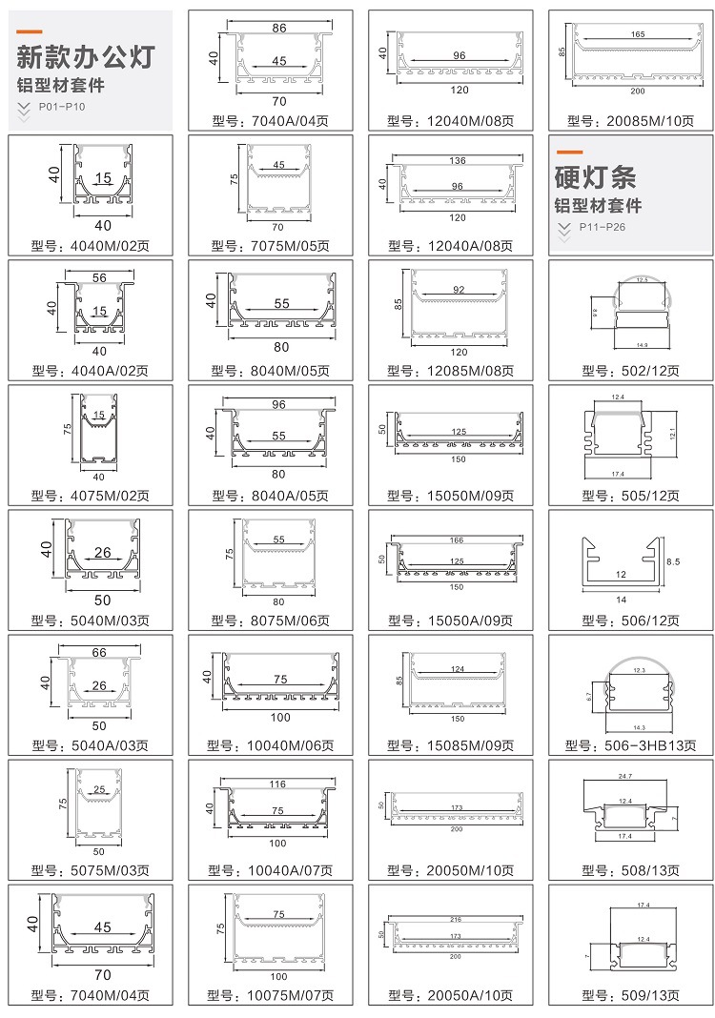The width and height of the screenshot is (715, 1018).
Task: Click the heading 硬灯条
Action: [595, 177]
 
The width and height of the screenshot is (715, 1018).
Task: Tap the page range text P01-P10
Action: [62, 107]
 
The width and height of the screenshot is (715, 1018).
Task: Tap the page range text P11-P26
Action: [605, 228]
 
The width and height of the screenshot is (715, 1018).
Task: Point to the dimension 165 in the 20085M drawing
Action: [638, 34]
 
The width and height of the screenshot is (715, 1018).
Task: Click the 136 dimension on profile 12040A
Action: [458, 160]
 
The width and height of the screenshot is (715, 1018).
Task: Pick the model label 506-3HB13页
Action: [630, 745]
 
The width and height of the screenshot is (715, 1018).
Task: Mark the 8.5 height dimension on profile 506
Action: [673, 562]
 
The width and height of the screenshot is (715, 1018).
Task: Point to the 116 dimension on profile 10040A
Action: [277, 784]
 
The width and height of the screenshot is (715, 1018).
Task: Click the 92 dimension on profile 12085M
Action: [458, 290]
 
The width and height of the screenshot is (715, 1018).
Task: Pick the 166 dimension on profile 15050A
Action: [459, 540]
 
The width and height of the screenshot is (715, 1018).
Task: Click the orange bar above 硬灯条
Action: [569, 153]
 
